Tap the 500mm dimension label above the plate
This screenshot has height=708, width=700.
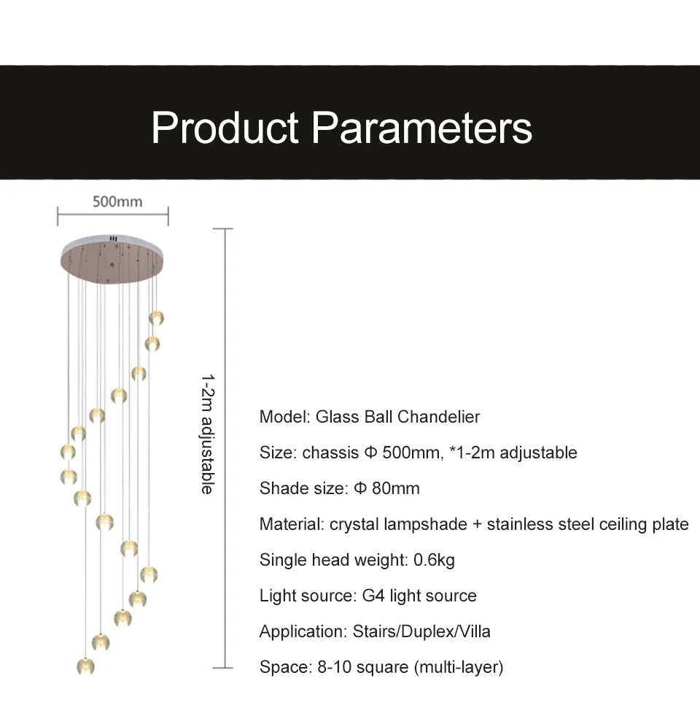(117, 201)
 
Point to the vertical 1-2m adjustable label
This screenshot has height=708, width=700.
(208, 434)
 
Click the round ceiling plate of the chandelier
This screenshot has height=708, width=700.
(112, 259)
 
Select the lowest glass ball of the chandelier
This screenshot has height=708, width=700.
(86, 666)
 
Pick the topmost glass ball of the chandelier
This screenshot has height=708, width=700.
(157, 318)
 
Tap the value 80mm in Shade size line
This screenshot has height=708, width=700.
(395, 488)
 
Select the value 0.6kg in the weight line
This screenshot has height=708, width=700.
(434, 560)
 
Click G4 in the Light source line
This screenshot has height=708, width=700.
(373, 596)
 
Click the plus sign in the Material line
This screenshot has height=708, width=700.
(477, 525)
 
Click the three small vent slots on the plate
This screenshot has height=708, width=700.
(113, 238)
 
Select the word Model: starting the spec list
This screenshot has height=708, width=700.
(285, 417)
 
